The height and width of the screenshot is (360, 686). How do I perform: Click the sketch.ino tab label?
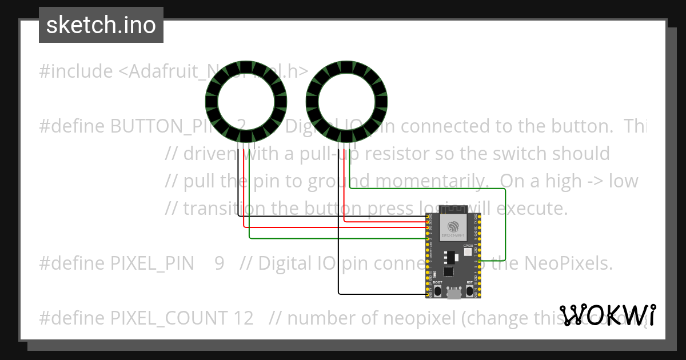(x=101, y=25)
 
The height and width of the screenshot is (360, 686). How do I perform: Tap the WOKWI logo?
(x=607, y=315)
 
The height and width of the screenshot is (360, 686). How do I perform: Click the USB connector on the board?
(x=454, y=294)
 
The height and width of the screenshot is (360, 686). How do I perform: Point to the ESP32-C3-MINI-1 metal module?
(x=454, y=227)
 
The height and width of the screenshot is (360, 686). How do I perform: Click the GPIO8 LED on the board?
(x=467, y=252)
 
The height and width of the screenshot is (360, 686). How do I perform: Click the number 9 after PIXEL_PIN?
(x=220, y=263)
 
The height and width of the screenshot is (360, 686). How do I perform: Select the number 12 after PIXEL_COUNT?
(x=243, y=318)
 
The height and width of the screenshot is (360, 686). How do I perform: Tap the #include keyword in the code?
(x=76, y=71)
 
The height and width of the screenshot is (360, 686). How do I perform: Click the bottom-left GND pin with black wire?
(x=428, y=294)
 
